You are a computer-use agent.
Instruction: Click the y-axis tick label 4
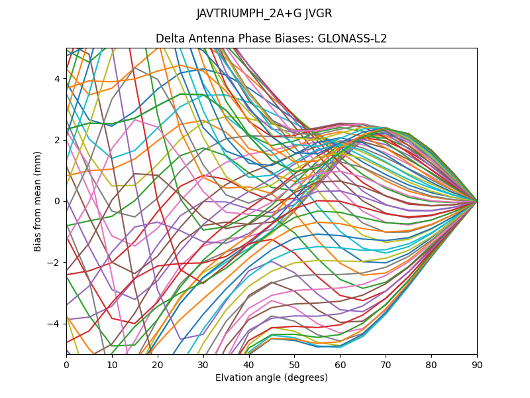tap(58, 79)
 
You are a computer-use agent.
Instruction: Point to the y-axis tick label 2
tap(58, 140)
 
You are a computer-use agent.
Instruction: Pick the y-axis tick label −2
tap(55, 262)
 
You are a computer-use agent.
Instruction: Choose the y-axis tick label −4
tap(55, 323)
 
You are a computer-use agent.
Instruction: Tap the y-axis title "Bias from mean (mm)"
tap(38, 200)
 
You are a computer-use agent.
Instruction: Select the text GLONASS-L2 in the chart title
tap(352, 38)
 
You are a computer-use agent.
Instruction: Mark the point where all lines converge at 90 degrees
tap(477, 201)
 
